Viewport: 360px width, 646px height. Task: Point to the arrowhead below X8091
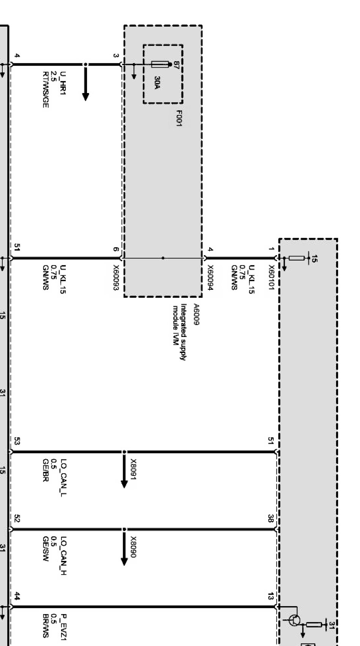click(x=124, y=484)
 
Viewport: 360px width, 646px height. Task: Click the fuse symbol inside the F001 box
click(x=159, y=64)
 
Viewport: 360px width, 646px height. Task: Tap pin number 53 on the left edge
click(x=17, y=441)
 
